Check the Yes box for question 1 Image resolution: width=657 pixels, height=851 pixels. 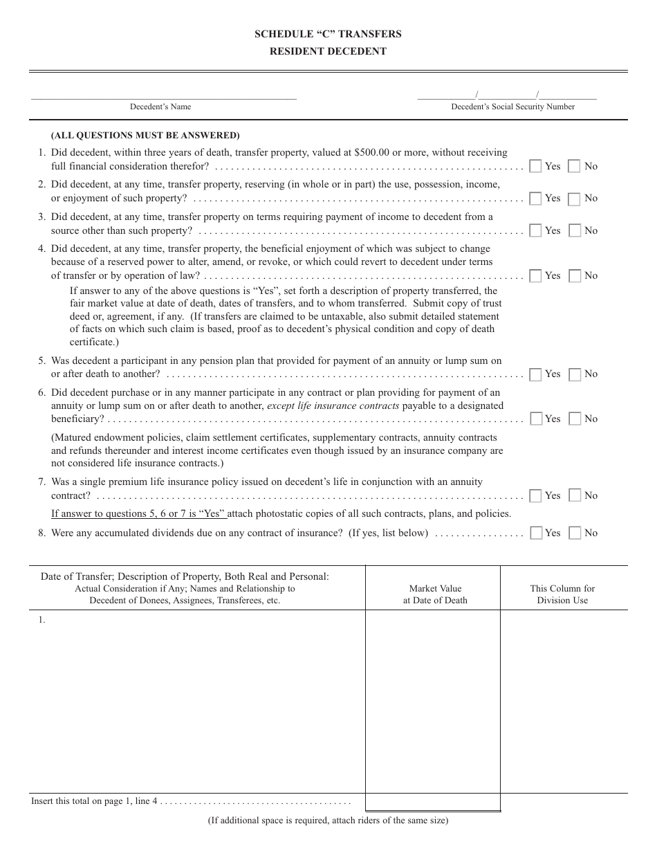tap(535, 166)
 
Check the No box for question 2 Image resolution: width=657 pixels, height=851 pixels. tap(574, 199)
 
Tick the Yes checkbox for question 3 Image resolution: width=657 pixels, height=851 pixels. tap(535, 230)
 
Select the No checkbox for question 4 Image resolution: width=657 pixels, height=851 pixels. tap(574, 275)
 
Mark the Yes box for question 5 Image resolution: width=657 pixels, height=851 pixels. tap(535, 374)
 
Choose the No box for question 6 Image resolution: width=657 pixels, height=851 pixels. tap(574, 419)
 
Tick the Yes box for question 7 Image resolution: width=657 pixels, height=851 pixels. tap(535, 495)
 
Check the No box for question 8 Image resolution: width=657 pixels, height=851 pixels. tap(574, 533)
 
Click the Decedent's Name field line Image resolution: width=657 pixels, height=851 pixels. tap(163, 95)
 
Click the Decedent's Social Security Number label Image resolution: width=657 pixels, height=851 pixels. tap(512, 107)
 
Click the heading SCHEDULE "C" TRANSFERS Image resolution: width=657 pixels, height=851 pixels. tap(328, 34)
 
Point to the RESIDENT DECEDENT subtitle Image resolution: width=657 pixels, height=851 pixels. tap(328, 51)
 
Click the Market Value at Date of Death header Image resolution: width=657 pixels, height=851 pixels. tap(435, 594)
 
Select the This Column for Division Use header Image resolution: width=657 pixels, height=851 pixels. tap(562, 594)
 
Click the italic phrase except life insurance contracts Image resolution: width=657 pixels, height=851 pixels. tap(333, 405)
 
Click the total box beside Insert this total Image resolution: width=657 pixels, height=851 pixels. tap(433, 802)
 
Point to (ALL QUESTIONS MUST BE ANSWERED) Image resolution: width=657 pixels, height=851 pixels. tap(145, 135)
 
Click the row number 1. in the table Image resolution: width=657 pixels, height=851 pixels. tap(42, 620)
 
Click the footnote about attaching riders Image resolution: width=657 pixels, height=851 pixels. tap(328, 821)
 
